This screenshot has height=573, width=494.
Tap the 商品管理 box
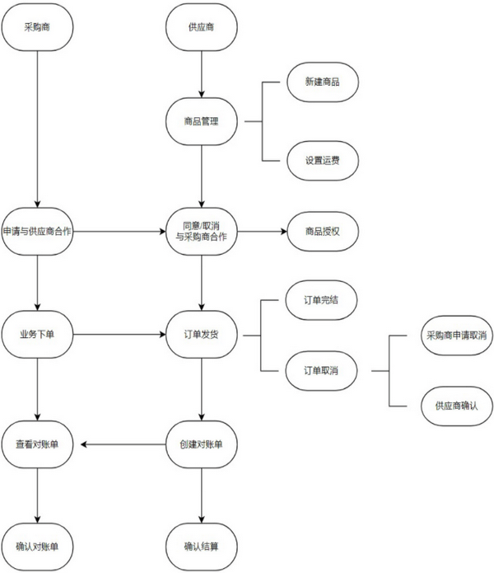(202, 122)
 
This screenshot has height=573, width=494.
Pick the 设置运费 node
(321, 160)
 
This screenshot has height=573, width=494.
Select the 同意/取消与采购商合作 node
(202, 230)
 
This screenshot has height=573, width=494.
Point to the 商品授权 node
(321, 230)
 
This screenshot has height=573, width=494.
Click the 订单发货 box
(202, 335)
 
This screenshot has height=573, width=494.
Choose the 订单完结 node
(321, 300)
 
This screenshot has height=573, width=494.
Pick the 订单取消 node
(321, 370)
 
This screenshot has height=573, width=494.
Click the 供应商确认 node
(455, 405)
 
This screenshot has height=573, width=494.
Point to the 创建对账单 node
(202, 445)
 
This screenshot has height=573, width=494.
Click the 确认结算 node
(202, 545)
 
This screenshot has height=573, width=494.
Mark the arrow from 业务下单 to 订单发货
(120, 335)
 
